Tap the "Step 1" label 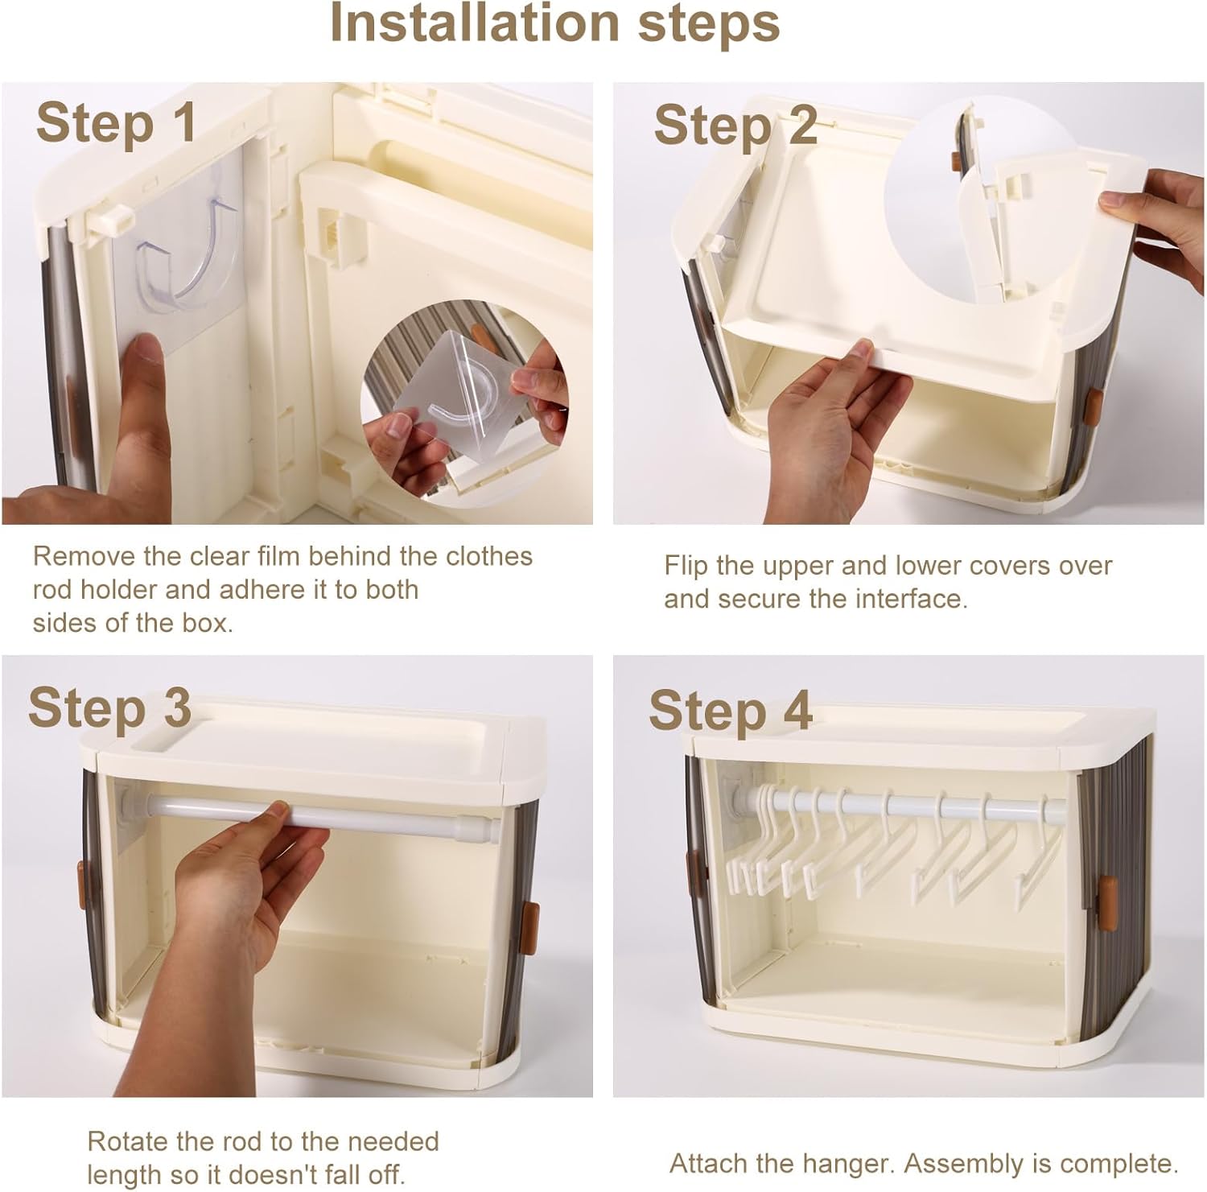click(x=116, y=123)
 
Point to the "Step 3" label click(x=109, y=708)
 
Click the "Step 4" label click(x=731, y=711)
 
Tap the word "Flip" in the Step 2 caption click(x=686, y=566)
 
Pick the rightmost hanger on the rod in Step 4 click(x=1038, y=853)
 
